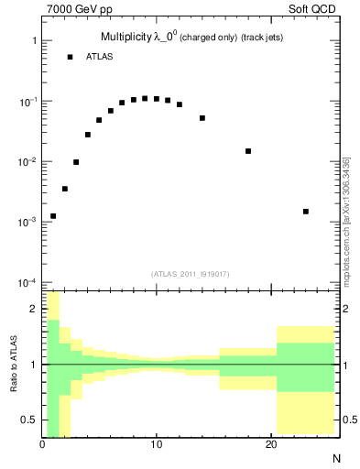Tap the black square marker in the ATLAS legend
pos(70,57)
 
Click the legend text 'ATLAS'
pos(100,57)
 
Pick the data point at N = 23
pos(306,212)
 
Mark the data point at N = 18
pos(248,151)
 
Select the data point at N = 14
pos(202,118)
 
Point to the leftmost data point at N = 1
pos(53,216)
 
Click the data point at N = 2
pos(65,189)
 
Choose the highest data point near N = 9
pos(145,98)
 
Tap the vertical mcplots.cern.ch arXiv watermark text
pos(346,220)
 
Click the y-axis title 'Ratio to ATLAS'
pos(13,364)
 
